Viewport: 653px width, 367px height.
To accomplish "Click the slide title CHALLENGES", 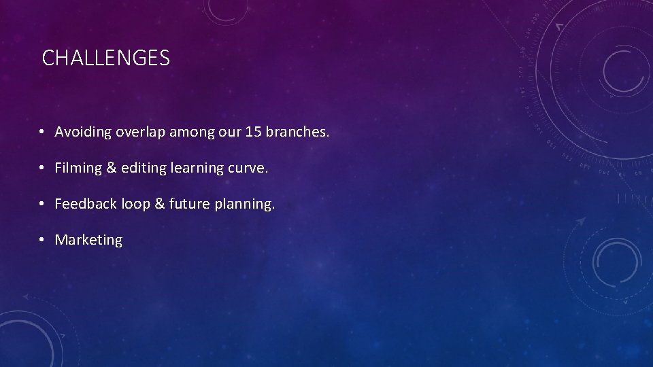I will click(x=105, y=58).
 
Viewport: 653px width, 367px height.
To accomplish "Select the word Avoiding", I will click(x=83, y=132).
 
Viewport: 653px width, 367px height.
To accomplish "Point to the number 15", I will click(x=252, y=132).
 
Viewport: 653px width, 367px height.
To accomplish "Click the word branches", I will click(x=297, y=132).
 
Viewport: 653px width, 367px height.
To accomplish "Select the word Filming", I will click(x=78, y=168).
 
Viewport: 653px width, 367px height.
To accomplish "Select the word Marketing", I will click(x=88, y=240).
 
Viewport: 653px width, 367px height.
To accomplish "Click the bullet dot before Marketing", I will click(x=42, y=241).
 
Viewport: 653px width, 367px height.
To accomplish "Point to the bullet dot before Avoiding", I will click(x=42, y=133).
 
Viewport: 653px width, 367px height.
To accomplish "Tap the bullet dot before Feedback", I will click(x=42, y=205).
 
